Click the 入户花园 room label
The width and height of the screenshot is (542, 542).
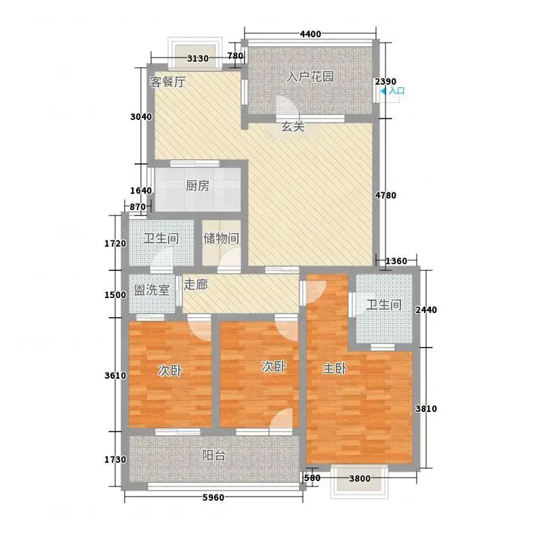coord(310,77)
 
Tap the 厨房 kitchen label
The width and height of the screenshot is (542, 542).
coord(197,186)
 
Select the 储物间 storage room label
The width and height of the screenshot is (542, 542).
coord(221,238)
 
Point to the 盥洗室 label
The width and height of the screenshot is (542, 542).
coord(152,290)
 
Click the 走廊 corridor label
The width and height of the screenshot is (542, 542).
coord(196,285)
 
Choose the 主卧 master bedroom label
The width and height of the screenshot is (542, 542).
coord(335,369)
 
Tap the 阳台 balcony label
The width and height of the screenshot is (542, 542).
coord(213,455)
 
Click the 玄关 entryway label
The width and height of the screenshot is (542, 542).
coord(293,127)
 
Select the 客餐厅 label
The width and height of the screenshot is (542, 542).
coord(167,82)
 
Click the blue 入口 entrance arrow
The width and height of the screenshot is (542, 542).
coord(383,91)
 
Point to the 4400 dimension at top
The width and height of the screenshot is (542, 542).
coord(310,34)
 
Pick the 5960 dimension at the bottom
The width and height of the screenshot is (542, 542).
coord(213,497)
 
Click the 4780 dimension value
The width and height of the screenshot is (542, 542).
coord(385,195)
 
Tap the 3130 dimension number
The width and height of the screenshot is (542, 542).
coord(198,58)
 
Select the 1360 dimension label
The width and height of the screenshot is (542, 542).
coord(396,261)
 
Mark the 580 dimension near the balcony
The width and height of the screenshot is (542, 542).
coord(312,478)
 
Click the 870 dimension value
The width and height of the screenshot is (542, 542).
coord(138,207)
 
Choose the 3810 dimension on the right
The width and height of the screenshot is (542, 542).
coord(426,409)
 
